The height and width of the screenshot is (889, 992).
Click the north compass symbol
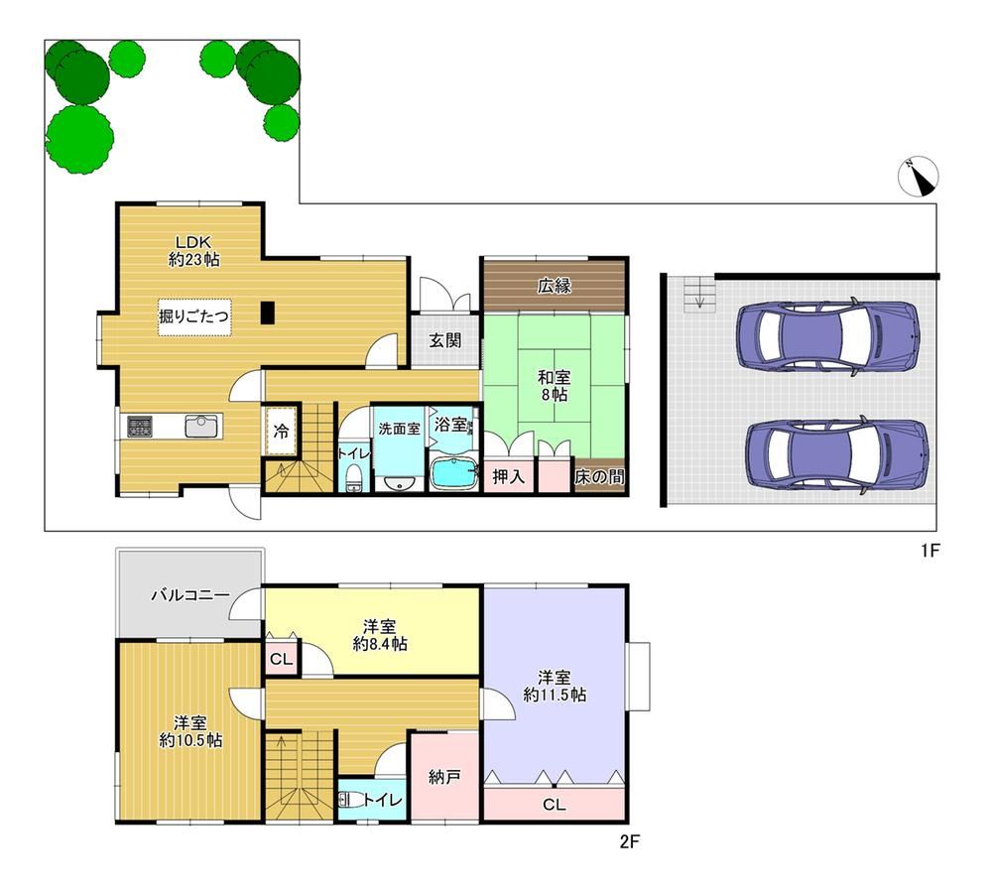coord(918,177)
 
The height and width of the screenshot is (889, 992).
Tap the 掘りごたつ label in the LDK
coord(193,316)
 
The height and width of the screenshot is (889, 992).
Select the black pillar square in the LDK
coord(268,313)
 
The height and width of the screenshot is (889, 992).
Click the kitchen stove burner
coord(140,426)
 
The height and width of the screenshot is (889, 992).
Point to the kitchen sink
coord(201,426)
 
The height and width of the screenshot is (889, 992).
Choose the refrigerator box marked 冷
coord(281,431)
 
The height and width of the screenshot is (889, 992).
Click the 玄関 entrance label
coord(444,340)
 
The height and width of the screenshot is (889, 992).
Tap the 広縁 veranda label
coord(555,286)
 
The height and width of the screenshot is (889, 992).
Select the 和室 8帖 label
coord(554,386)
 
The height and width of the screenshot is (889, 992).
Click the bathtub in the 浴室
coord(453,472)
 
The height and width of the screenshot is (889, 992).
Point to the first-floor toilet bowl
coord(354,479)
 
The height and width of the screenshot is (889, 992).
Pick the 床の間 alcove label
coord(599,476)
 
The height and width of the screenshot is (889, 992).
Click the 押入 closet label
coord(509,476)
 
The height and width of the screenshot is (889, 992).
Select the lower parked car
coord(837,453)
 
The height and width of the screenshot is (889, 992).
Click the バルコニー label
coord(189,594)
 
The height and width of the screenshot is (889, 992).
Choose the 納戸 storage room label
coord(444,776)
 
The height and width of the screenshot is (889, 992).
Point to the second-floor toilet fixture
coord(350,801)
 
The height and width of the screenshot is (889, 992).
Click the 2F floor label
coord(630,841)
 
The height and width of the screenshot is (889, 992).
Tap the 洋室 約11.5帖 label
coord(555,686)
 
